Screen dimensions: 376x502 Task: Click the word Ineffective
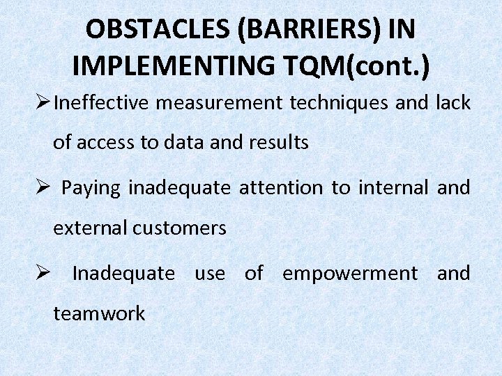(x=102, y=103)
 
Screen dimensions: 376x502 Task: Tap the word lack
(x=452, y=103)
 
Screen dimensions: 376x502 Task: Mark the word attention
(x=281, y=188)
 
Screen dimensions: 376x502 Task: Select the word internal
(x=392, y=188)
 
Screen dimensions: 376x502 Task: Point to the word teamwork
(x=99, y=313)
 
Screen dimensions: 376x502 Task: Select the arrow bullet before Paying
(x=41, y=189)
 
